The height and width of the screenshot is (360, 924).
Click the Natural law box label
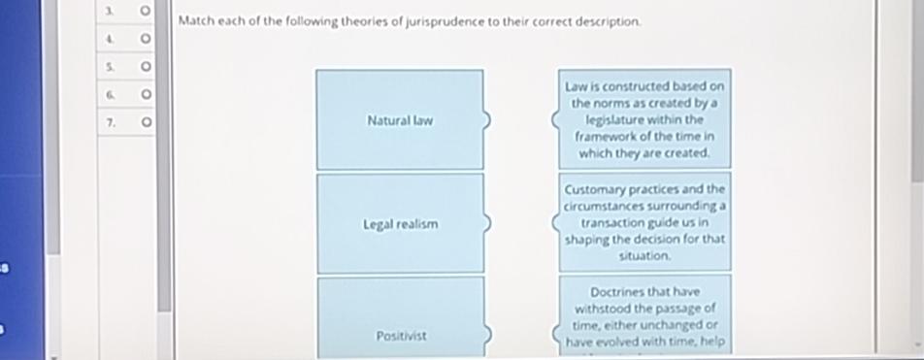(400, 121)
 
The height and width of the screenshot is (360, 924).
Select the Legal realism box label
(400, 224)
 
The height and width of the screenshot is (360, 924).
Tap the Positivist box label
(400, 336)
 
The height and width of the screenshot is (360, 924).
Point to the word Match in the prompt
(198, 21)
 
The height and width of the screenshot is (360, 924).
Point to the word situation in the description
(644, 256)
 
